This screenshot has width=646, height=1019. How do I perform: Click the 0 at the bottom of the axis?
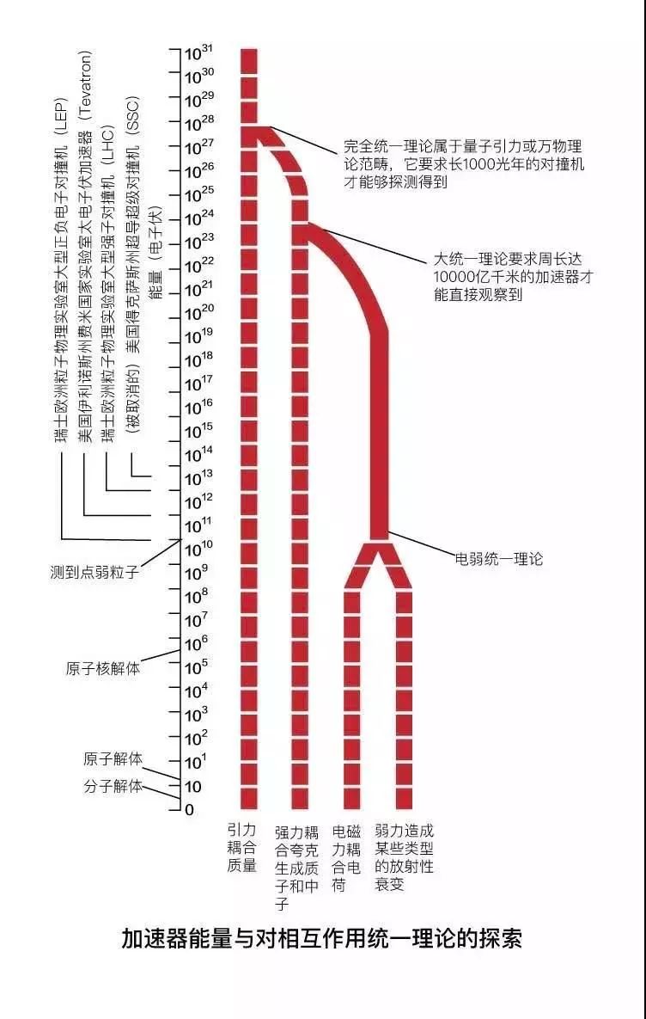(189, 810)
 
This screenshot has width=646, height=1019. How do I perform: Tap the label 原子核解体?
(102, 669)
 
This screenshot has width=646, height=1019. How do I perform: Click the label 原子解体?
(113, 759)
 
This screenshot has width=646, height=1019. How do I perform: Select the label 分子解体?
(113, 786)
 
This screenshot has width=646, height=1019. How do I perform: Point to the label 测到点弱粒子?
(94, 574)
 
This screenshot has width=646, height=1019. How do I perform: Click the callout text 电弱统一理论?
(498, 558)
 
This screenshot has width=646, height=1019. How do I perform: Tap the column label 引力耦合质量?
(241, 847)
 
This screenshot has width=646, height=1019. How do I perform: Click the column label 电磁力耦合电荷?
(347, 858)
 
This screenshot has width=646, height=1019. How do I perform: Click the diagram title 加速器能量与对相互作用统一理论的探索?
(322, 939)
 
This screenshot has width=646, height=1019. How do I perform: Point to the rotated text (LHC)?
(110, 143)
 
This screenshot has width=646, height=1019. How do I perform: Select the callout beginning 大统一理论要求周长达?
(514, 277)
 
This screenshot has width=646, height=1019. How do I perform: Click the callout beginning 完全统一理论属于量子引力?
(464, 165)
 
